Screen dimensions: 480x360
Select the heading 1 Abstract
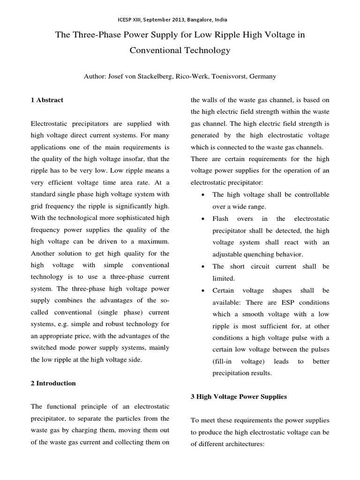47,100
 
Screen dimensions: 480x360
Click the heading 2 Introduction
53,383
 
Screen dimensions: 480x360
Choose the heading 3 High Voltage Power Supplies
239,396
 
